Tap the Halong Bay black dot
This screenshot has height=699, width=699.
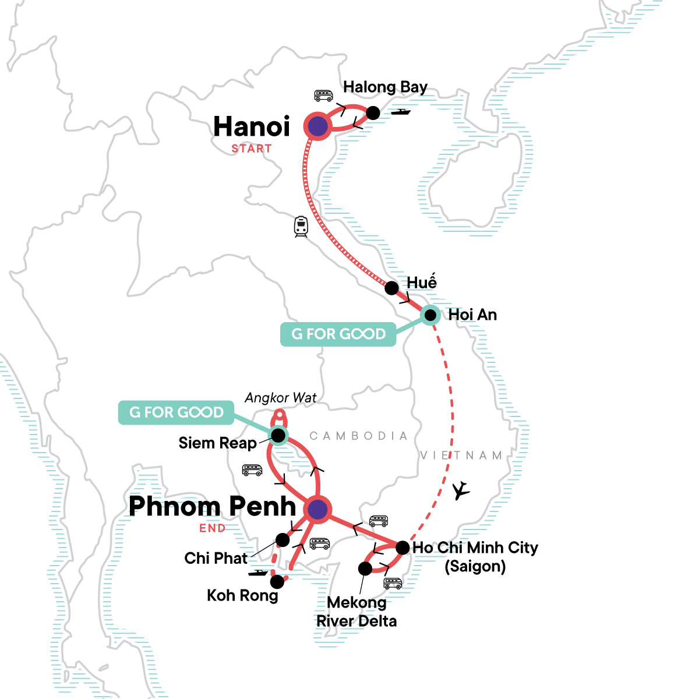coord(373,113)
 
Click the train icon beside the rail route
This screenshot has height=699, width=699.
coord(301,226)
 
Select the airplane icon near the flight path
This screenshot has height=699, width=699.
coord(461,490)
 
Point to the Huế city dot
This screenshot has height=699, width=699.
coord(392,288)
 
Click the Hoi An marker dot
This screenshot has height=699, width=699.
coord(430,315)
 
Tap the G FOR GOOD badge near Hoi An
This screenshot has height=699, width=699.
coord(338,334)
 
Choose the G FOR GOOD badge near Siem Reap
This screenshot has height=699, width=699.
coord(176,412)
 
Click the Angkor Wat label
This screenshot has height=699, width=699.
coord(281,398)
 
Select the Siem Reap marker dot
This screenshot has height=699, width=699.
coord(278,435)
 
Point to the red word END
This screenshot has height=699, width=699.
coord(212,528)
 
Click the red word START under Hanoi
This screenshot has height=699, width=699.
coord(252,149)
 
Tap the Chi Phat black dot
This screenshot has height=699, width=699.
coord(283,540)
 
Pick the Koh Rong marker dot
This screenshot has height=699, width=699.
coord(278,581)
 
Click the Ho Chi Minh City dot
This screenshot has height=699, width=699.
coord(403,548)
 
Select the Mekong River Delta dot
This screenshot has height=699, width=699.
coord(365,568)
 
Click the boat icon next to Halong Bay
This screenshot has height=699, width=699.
coord(401,111)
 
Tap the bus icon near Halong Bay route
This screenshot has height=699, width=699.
coord(323,96)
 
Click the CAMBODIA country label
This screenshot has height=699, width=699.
coord(358,436)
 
